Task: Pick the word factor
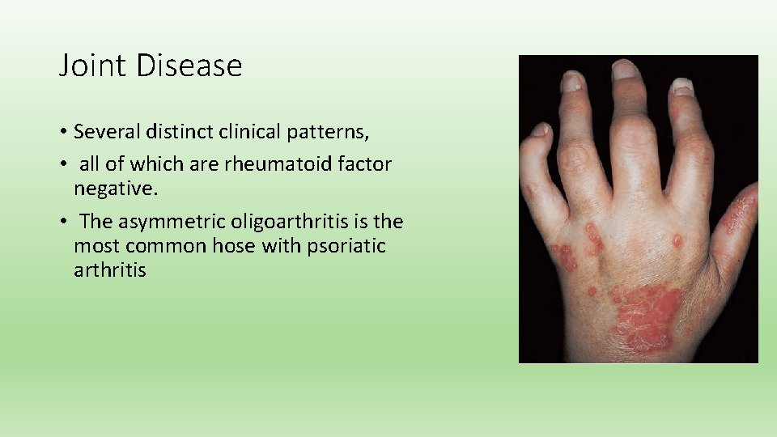[x=363, y=165]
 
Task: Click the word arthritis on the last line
[x=110, y=270]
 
